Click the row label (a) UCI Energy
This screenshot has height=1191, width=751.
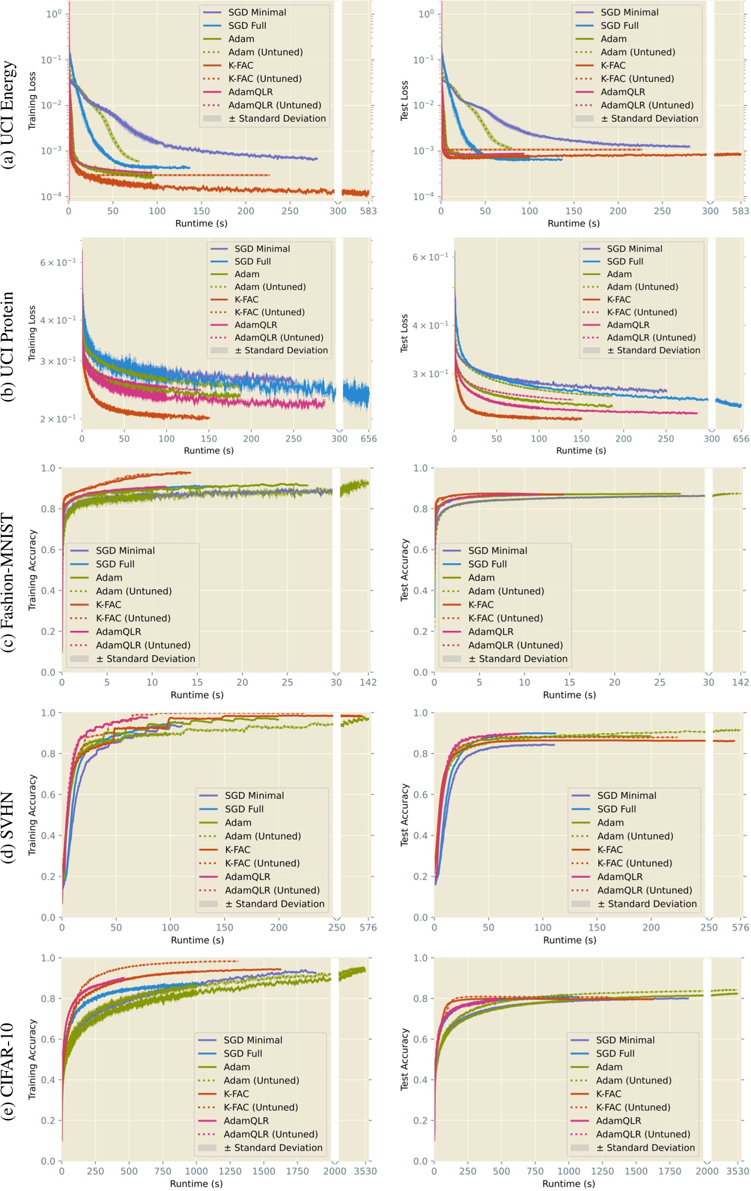(9, 114)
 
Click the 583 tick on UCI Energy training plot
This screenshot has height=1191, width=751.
(368, 211)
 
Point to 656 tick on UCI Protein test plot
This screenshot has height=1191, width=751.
(741, 439)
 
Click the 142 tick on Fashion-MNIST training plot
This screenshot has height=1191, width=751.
(368, 682)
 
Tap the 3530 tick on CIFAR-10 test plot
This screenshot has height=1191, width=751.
(737, 1171)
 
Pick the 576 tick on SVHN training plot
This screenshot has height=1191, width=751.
(368, 927)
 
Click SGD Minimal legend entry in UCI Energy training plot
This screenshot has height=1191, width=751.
(257, 12)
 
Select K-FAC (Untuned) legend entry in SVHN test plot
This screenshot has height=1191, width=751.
(634, 863)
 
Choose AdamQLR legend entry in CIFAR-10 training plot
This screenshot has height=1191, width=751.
(246, 1121)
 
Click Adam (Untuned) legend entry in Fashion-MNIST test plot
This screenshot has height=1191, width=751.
(506, 591)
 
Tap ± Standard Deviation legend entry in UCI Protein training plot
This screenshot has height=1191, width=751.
(281, 350)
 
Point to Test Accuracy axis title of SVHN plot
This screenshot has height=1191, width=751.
(404, 815)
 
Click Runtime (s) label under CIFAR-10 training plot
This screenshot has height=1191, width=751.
(197, 1184)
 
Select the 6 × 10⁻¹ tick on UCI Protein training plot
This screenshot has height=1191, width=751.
(57, 262)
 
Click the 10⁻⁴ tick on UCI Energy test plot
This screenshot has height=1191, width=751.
(424, 197)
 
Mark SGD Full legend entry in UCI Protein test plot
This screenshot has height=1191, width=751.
(624, 261)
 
